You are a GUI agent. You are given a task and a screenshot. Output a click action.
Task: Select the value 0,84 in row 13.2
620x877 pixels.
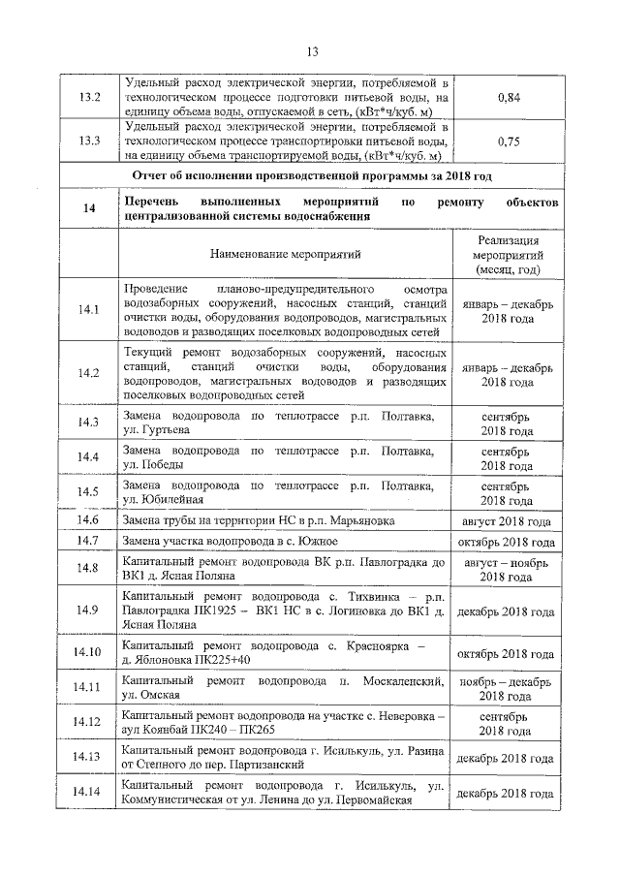pyautogui.click(x=508, y=98)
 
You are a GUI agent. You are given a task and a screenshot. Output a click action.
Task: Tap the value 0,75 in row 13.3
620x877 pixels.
pyautogui.click(x=508, y=141)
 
